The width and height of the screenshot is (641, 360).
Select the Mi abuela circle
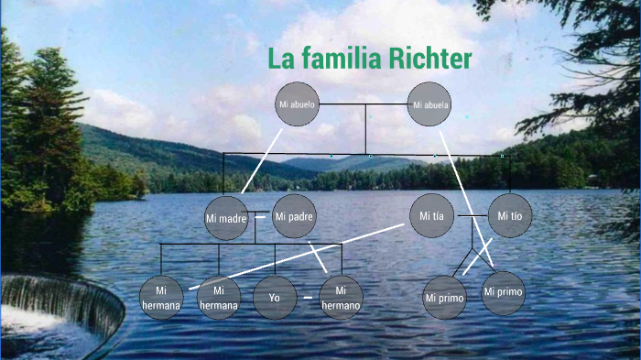coord(430,104)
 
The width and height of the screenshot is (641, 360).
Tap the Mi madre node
coord(226,218)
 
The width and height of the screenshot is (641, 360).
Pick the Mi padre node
coord(294,217)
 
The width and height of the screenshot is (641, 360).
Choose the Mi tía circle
coord(431,216)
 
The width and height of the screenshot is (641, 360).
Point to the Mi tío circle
coord(509,216)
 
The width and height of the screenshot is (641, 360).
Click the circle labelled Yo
coord(275,298)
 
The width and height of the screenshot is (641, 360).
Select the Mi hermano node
coord(341,298)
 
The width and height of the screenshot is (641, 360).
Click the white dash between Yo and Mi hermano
coord(308,298)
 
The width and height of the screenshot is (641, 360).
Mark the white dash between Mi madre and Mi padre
coord(260,217)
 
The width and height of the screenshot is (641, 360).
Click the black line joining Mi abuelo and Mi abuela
coord(364,104)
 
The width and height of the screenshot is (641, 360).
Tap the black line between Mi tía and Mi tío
coord(471,216)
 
